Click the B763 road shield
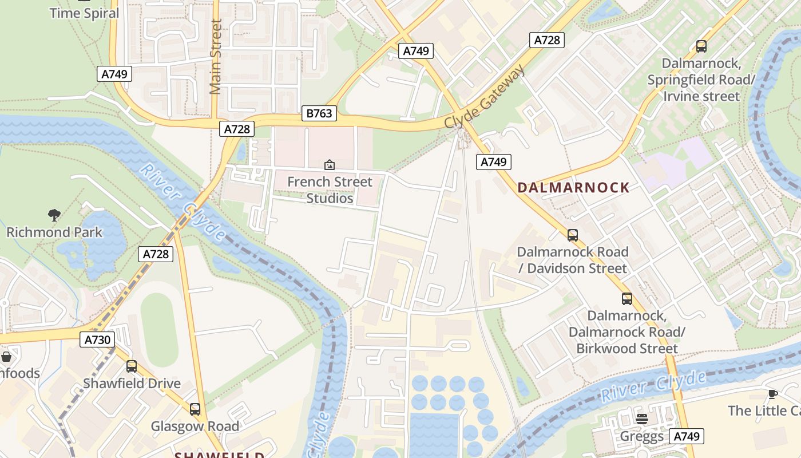coord(319,113)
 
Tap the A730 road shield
coord(97,340)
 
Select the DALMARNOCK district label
coord(573,188)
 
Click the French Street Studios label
coord(330,190)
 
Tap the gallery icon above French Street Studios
coord(330,165)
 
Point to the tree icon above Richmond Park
coord(54,216)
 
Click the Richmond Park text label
coord(54,232)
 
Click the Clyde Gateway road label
coord(484,96)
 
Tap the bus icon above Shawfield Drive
coord(132,366)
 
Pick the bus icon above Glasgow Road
coord(195,409)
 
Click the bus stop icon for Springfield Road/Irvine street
coord(701,46)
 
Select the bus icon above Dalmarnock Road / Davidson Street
coord(572,235)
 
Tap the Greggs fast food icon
coord(641,419)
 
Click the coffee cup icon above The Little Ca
coord(772,394)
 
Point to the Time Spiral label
coord(84,13)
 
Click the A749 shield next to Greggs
coord(687,436)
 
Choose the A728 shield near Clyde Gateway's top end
coord(546,40)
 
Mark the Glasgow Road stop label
coord(195,427)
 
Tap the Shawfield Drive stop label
coord(132,384)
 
